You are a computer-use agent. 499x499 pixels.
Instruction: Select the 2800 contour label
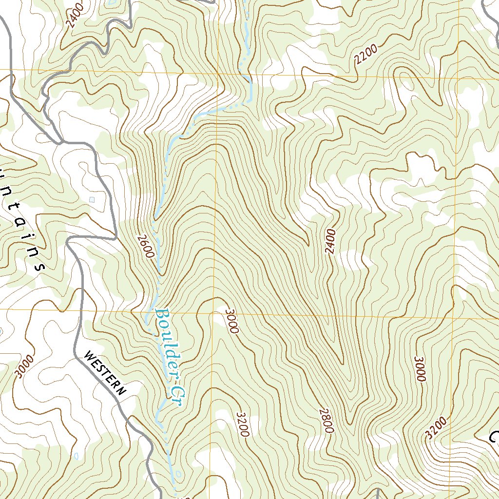pos(326,421)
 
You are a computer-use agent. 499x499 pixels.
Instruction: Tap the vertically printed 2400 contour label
pos(331,241)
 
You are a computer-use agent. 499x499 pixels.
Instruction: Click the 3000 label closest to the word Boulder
pos(230,320)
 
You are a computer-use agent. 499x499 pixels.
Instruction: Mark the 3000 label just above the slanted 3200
pos(420,369)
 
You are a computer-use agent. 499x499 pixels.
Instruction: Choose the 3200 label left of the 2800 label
pos(242,424)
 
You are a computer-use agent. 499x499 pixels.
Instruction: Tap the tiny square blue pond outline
pos(93,199)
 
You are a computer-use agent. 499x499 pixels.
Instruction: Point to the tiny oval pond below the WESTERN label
pos(77,456)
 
